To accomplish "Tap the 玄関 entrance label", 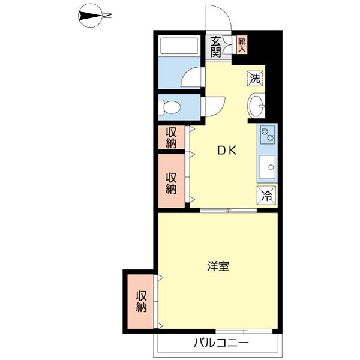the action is [216, 47].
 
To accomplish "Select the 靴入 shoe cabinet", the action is [242, 45].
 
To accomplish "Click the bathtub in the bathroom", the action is [179, 46].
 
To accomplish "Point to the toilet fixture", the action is [169, 107].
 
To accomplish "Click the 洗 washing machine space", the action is [255, 79].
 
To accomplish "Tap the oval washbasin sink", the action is [256, 106].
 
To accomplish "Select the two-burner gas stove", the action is [268, 134].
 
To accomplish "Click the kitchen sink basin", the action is [268, 167].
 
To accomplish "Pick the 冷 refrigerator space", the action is [266, 195].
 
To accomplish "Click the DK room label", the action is [227, 151].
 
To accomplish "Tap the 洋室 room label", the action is [218, 266].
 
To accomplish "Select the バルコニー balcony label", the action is [221, 343].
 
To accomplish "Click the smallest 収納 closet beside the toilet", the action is [171, 137].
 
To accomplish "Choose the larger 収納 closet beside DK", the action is [171, 181].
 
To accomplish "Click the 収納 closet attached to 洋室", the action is [140, 301].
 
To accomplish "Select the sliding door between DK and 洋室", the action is [229, 211].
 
